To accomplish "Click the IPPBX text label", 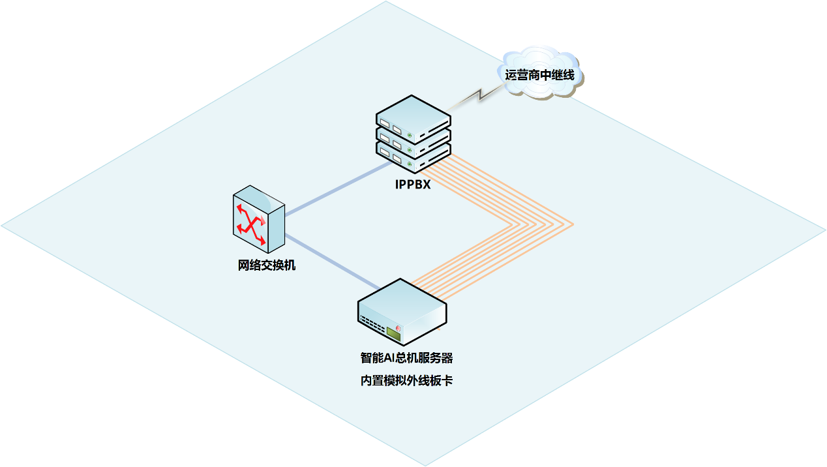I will coord(413,185).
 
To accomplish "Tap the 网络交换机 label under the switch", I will coord(267,265).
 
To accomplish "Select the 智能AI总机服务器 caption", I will coord(406,357).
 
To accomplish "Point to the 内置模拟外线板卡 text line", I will coord(406,381).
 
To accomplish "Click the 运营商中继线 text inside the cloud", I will coord(540,74).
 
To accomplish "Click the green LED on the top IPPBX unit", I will coord(410,136).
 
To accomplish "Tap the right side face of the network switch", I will coord(277,225).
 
